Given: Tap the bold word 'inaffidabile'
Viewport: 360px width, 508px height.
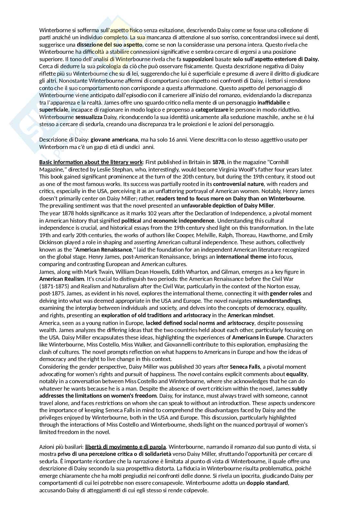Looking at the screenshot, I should click(x=271, y=103).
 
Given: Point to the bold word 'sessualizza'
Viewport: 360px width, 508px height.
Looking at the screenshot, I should click(x=89, y=117).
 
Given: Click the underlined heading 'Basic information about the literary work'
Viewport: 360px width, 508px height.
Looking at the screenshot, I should click(x=91, y=162).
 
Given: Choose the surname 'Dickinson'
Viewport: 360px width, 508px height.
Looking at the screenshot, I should click(x=52, y=242).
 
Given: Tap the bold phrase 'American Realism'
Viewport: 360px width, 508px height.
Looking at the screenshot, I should click(x=62, y=279).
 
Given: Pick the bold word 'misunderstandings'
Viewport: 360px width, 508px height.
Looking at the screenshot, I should click(x=277, y=301).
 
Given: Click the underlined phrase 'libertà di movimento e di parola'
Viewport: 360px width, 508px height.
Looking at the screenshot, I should click(x=126, y=447).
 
